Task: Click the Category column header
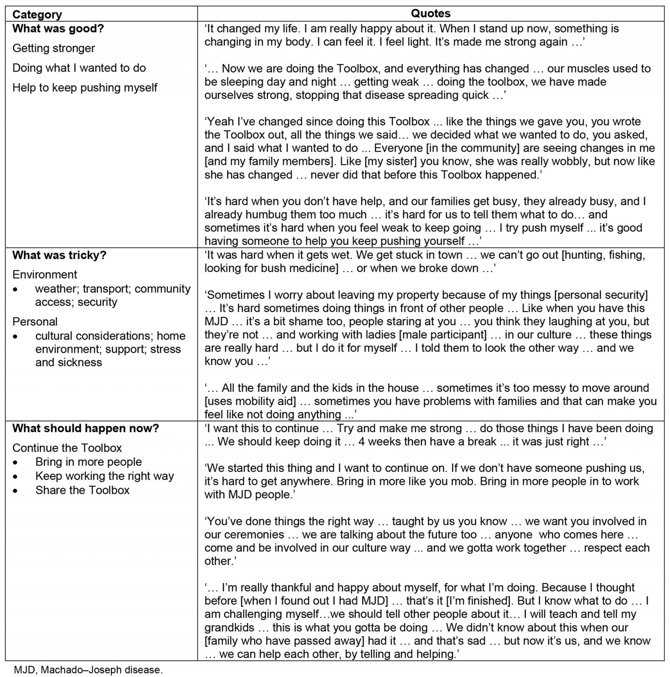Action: point(37,15)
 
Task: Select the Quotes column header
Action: point(430,13)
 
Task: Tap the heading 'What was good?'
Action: point(58,29)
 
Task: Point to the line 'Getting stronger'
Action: point(54,48)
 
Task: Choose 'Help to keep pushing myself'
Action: point(85,88)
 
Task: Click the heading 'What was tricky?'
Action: point(59,255)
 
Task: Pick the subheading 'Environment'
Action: point(45,275)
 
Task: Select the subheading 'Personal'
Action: point(35,322)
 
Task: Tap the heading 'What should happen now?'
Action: point(85,428)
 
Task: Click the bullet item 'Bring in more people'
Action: point(88,462)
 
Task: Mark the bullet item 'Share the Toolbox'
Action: point(82,490)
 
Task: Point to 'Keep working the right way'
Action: point(104,476)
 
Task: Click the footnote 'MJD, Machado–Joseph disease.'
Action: point(88,669)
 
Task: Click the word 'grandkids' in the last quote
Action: point(229,628)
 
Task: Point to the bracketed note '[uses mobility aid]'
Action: point(250,401)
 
